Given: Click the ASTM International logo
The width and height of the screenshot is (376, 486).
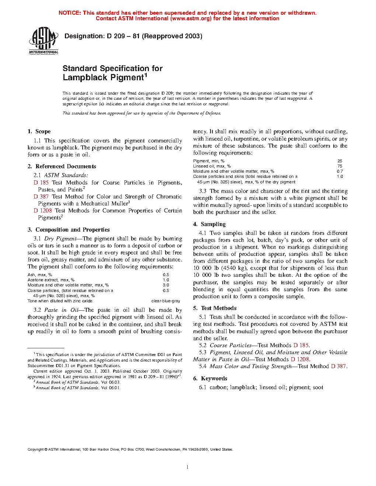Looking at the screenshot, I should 43,41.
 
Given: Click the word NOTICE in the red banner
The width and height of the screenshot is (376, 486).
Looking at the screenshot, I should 70,13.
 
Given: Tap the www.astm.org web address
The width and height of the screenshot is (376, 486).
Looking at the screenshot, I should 191,18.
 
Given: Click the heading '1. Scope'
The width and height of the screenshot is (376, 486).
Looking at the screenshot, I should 39,131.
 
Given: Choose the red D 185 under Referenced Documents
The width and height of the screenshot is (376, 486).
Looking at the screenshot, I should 41,183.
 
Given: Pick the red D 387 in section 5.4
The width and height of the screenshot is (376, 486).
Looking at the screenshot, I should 338,366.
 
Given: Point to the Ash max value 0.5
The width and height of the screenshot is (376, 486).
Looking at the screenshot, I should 166,275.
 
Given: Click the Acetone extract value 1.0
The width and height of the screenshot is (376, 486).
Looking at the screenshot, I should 166,280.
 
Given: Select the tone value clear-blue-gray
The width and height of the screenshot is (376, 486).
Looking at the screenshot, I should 166,301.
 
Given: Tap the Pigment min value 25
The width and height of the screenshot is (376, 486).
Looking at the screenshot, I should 340,161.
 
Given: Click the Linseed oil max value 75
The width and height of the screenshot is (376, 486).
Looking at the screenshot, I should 340,166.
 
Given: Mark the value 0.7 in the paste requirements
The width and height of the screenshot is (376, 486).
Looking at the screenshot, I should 340,171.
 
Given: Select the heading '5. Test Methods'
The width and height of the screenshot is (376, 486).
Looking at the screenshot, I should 215,308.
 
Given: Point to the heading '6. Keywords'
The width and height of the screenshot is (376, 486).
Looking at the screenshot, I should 210,378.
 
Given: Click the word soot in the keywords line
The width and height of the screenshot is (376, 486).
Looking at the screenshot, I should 318,387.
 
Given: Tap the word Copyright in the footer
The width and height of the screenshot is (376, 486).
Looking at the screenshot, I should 35,449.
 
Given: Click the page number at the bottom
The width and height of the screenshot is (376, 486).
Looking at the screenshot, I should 188,467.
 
